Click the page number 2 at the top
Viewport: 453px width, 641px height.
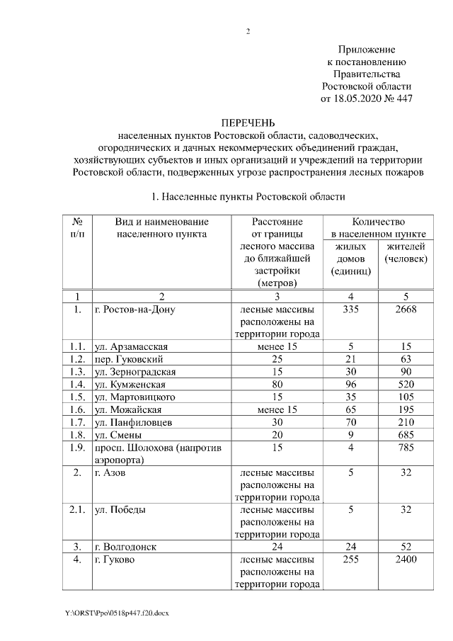point(248,31)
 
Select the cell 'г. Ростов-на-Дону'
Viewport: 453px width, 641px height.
point(134,310)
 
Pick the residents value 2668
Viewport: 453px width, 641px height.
point(406,310)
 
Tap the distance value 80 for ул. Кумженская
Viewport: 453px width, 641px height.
point(277,385)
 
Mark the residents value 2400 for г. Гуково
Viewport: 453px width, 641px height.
point(406,560)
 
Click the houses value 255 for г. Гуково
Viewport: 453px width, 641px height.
point(350,560)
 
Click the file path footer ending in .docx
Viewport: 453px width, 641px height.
point(117,611)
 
